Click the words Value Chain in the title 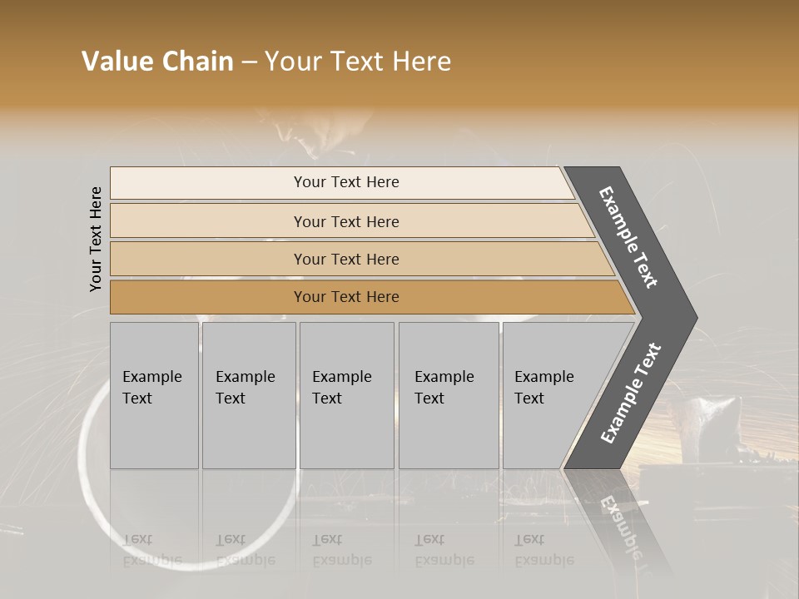click(x=157, y=62)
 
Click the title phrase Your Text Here click(x=358, y=62)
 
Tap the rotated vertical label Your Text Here click(x=96, y=239)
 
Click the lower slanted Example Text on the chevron click(x=631, y=394)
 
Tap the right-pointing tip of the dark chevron click(x=691, y=318)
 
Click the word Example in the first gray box click(x=151, y=377)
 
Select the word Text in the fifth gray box click(x=529, y=399)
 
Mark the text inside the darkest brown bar click(x=346, y=297)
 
